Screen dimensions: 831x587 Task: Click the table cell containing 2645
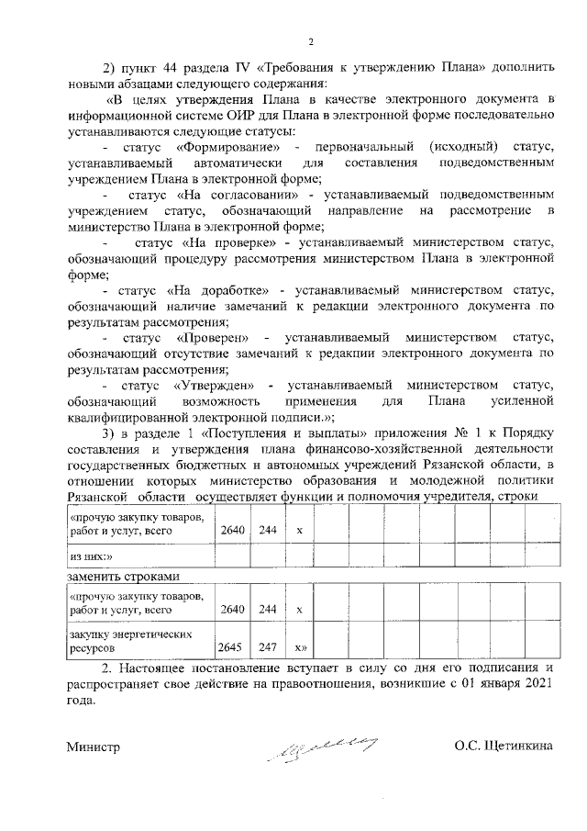click(228, 646)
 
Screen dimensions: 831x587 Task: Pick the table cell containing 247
click(268, 646)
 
